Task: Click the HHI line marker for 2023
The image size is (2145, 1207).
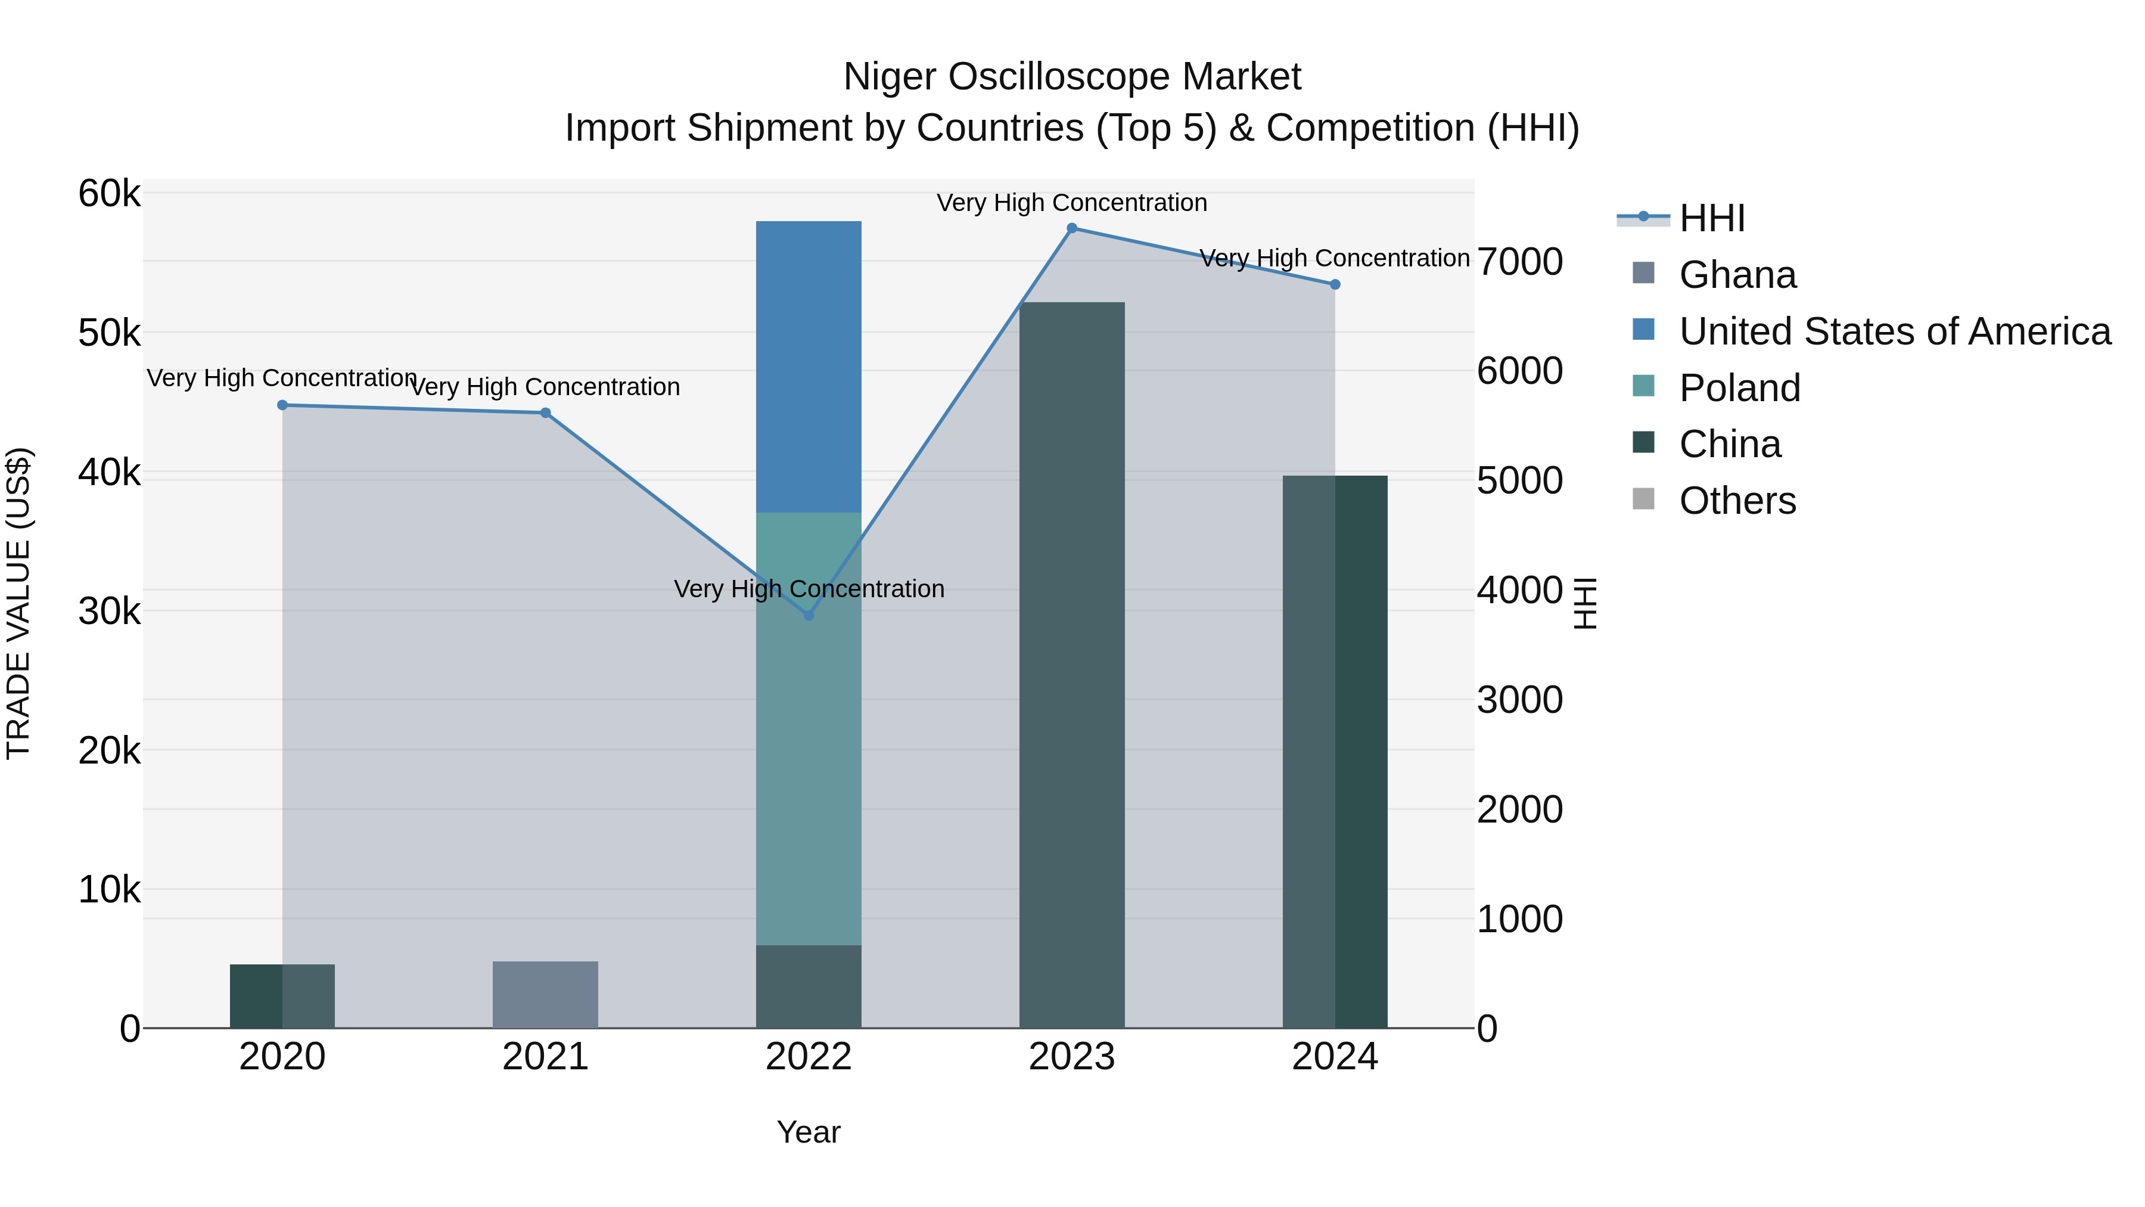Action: click(x=1072, y=228)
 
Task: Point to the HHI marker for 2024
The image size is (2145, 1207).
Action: click(x=1335, y=285)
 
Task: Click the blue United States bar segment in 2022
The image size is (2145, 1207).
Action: click(x=809, y=367)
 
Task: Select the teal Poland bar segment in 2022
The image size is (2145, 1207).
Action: click(x=809, y=729)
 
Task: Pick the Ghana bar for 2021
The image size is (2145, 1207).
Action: click(x=545, y=995)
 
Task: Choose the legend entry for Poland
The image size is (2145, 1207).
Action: click(x=1739, y=388)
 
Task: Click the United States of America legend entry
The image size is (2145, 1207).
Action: click(x=1894, y=331)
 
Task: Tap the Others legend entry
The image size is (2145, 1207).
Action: click(x=1737, y=501)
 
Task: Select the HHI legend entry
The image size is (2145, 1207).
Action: click(x=1711, y=218)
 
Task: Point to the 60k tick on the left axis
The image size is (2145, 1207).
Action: click(x=109, y=194)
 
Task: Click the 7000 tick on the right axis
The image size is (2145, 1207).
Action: click(x=1519, y=262)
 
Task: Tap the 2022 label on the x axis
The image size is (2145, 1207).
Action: click(x=809, y=1057)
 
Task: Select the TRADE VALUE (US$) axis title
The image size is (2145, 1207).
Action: click(x=19, y=604)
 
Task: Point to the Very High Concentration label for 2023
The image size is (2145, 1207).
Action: click(x=1072, y=203)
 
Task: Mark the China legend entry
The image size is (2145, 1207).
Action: click(x=1730, y=445)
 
